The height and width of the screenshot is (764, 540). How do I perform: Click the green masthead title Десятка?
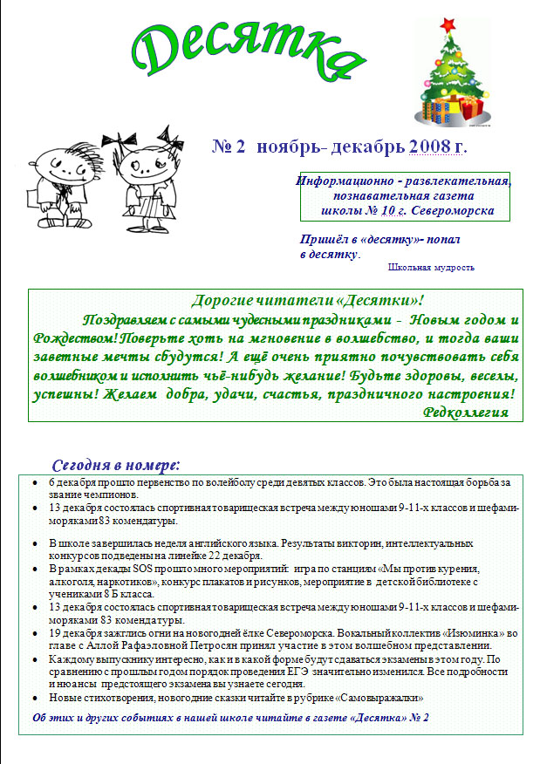click(249, 48)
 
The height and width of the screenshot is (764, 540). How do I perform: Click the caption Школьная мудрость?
click(431, 268)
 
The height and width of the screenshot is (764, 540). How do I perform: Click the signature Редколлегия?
click(465, 412)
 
